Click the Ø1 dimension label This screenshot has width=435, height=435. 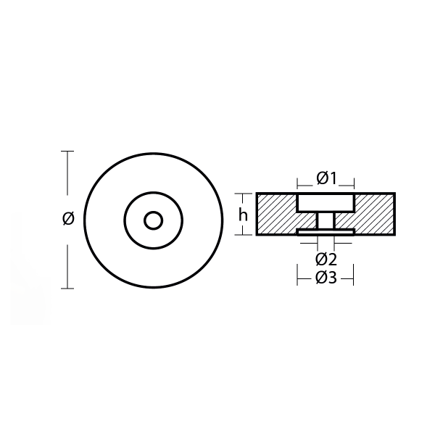tap(326, 178)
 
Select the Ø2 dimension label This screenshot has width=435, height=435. tap(326, 259)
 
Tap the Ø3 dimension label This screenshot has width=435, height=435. tap(326, 278)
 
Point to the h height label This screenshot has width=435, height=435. tap(243, 215)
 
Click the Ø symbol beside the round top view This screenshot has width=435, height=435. tap(68, 218)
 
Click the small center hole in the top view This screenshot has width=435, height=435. tap(153, 220)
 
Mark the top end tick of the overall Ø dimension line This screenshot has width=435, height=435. tap(68, 151)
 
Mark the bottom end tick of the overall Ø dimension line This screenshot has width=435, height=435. tap(68, 289)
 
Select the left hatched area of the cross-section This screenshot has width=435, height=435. tap(276, 214)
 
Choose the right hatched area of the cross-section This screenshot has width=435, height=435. tap(374, 214)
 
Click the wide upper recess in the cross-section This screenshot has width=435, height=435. tap(326, 202)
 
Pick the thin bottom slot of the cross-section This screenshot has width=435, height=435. tap(326, 232)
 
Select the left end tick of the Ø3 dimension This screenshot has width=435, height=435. tap(297, 276)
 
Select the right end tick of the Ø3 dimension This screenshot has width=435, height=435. tap(353, 276)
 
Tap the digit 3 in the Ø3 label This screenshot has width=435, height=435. tap(332, 278)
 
